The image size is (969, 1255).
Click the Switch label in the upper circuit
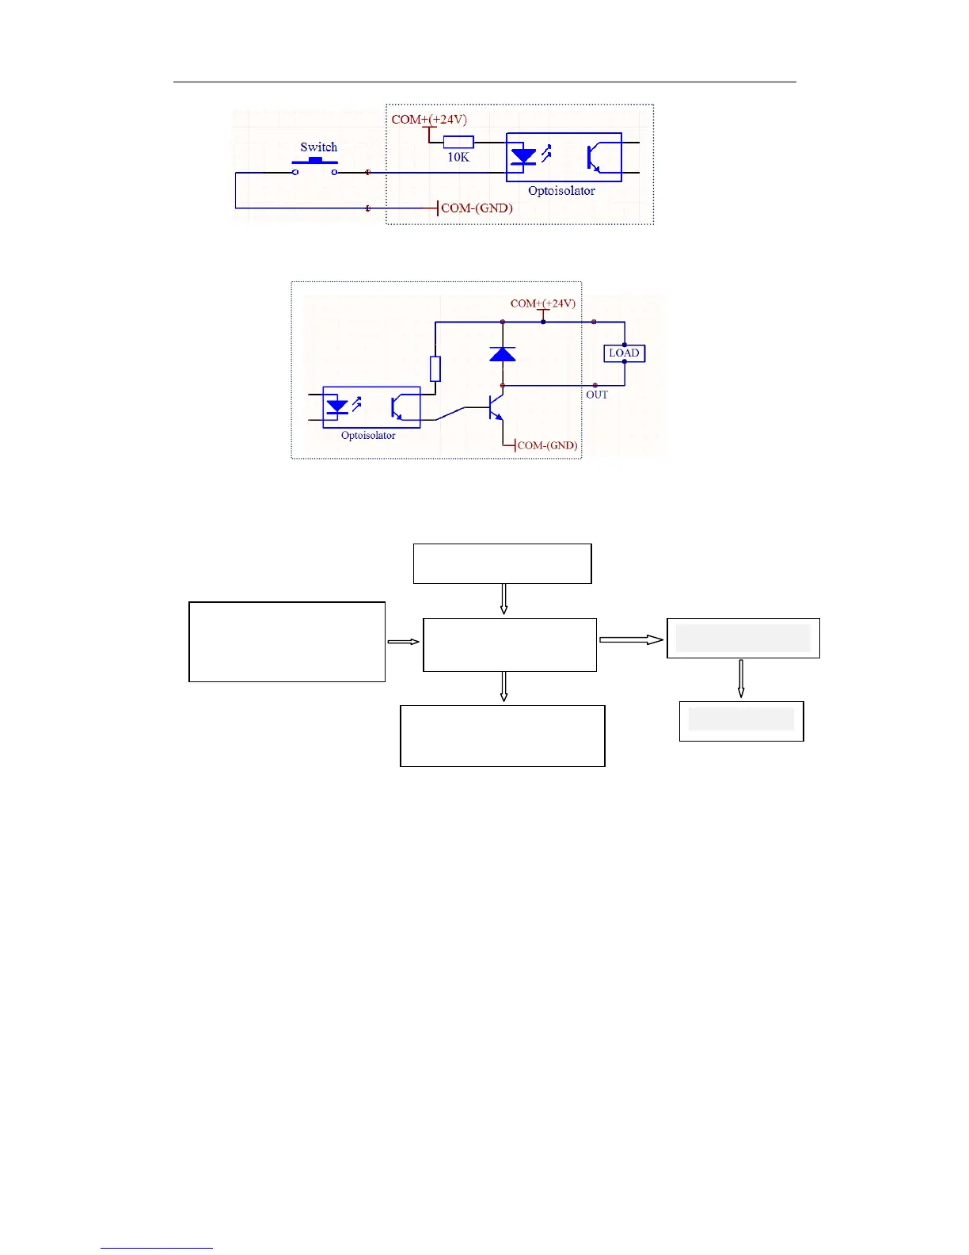[x=318, y=147]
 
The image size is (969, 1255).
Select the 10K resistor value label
[x=458, y=158]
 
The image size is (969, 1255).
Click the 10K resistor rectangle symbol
[x=458, y=143]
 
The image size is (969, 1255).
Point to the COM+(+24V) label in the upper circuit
[x=429, y=120]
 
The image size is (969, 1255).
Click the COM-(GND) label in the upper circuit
[x=477, y=208]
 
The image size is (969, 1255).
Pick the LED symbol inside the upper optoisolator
[x=523, y=155]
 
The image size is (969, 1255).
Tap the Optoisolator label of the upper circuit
[x=561, y=191]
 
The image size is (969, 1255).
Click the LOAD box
[x=624, y=353]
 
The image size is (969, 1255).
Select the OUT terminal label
[x=597, y=395]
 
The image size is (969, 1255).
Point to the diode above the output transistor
[x=503, y=353]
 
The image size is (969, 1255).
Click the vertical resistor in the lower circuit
[x=435, y=369]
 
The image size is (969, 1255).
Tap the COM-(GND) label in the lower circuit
[x=547, y=445]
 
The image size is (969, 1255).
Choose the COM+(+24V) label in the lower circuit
[x=543, y=303]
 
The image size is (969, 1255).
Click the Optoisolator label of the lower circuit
[x=368, y=436]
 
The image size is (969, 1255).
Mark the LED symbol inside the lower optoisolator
[x=338, y=406]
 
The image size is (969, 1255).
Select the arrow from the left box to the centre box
[x=404, y=642]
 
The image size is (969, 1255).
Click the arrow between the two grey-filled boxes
[x=741, y=679]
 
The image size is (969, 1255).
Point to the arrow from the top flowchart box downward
[x=503, y=600]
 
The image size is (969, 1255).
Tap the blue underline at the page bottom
[x=157, y=1249]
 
